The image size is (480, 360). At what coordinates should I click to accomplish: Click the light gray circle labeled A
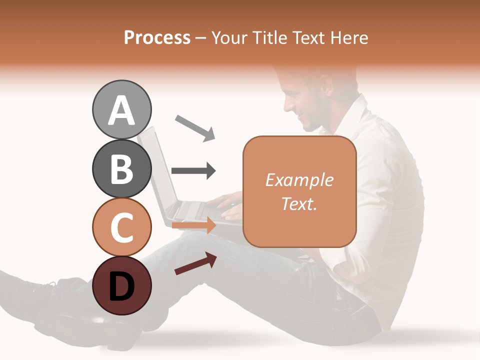click(x=121, y=110)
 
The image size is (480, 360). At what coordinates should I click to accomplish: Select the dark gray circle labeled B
click(x=121, y=168)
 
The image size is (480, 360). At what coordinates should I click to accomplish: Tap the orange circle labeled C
click(x=121, y=227)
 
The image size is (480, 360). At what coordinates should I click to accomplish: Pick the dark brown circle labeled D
click(x=121, y=285)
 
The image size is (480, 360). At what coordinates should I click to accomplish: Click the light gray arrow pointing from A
click(x=195, y=127)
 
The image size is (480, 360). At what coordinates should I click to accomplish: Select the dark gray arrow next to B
click(x=193, y=171)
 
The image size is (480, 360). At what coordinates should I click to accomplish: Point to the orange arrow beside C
click(x=193, y=226)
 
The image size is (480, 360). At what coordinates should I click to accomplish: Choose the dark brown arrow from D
click(x=195, y=264)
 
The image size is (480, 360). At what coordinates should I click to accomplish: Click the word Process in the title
click(x=157, y=37)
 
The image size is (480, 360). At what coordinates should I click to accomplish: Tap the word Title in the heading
click(x=270, y=37)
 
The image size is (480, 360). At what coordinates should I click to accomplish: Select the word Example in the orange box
click(x=299, y=180)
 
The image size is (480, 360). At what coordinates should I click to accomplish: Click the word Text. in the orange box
click(x=299, y=203)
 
